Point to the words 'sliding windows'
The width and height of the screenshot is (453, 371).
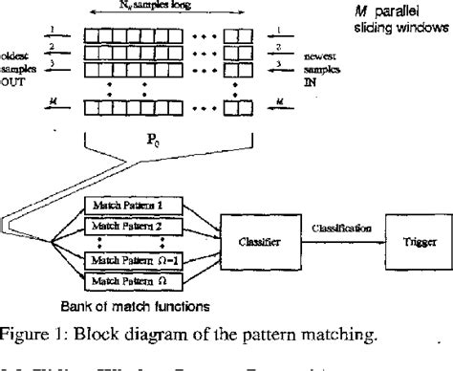point(393,29)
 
